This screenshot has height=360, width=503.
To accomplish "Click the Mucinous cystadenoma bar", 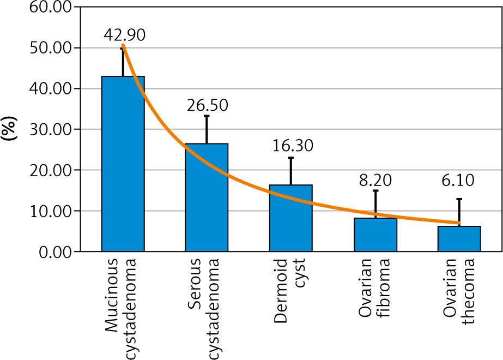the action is coord(123,164).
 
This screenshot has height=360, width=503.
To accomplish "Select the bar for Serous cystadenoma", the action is coord(207,197).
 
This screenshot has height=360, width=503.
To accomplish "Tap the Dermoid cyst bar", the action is coord(291,218).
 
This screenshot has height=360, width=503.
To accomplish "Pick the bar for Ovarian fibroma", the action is coord(375,235).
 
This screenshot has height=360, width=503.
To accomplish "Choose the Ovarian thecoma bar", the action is coord(459,239).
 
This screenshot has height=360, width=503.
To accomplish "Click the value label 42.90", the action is coord(124,35).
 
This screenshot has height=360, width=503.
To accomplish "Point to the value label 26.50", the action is coord(208,105).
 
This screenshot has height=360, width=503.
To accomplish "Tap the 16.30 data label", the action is coord(293,146).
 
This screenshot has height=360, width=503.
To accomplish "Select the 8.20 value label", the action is coord(375,180).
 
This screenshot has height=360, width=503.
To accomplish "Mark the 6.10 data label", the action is coord(458,180).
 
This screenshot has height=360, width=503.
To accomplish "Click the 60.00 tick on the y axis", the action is coord(50,7).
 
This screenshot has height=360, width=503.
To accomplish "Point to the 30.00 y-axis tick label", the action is coord(50,129).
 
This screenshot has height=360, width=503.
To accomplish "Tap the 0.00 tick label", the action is coord(55,252).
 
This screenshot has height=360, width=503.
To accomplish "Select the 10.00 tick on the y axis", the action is coord(50,211).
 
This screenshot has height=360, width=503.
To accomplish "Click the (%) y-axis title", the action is coord(9,128).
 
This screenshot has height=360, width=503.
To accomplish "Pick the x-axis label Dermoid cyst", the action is coord(289,291).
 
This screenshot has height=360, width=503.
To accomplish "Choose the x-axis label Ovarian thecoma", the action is coord(459,291).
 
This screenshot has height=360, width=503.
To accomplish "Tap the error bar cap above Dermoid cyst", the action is coord(291,158).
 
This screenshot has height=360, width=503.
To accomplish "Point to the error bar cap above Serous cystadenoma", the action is coord(207,116).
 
